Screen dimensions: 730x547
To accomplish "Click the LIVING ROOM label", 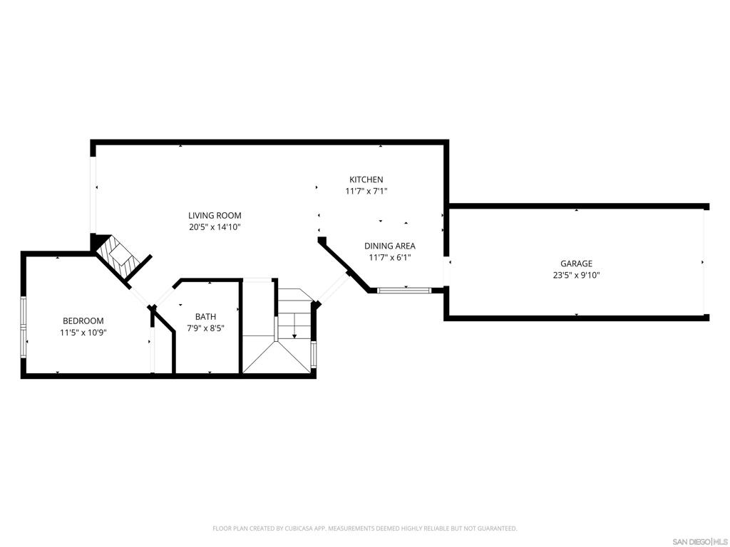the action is click(x=215, y=215).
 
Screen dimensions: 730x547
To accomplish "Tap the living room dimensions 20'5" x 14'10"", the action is click(x=215, y=227).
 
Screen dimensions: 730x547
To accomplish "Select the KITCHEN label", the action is click(x=366, y=179).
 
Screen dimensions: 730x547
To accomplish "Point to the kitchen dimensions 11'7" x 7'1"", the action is click(x=366, y=191).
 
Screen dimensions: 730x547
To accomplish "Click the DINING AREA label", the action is click(x=390, y=246).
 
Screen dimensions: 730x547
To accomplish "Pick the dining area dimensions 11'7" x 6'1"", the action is click(x=390, y=258).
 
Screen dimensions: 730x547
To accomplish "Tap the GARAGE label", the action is click(x=576, y=264).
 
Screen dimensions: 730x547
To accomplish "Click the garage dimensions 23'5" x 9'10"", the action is click(x=576, y=275).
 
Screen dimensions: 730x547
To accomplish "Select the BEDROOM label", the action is click(x=83, y=321).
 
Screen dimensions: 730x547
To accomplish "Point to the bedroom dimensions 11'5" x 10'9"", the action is click(x=83, y=333).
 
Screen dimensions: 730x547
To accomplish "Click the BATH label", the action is click(x=205, y=317).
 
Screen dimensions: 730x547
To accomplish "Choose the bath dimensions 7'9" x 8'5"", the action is click(x=205, y=328).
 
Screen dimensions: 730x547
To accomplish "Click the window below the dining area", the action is click(x=404, y=291).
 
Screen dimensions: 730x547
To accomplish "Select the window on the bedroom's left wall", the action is click(x=24, y=328).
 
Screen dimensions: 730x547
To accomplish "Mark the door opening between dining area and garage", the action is click(x=446, y=271).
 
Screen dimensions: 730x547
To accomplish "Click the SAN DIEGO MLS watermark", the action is click(x=700, y=542).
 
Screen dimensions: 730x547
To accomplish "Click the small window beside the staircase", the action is click(x=314, y=354).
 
